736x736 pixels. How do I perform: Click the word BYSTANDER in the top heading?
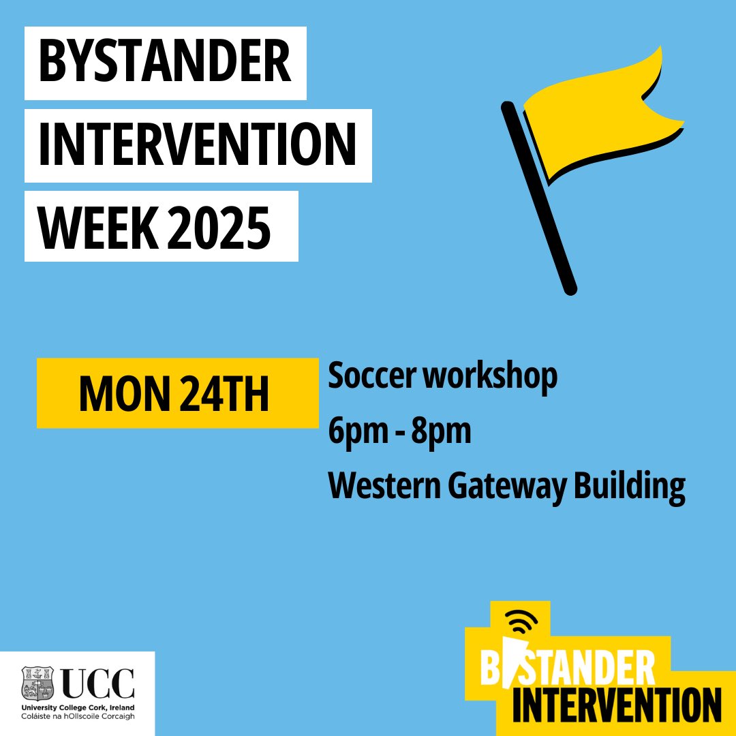coord(165,62)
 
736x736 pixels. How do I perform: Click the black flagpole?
coord(538,198)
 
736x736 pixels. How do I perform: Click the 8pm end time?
coord(444,432)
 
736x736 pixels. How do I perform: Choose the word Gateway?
coord(507,487)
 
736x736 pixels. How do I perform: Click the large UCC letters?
coord(98,684)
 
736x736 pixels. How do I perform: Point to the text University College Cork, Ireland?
coord(78,707)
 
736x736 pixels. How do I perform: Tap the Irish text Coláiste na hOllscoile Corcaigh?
coord(78,717)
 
